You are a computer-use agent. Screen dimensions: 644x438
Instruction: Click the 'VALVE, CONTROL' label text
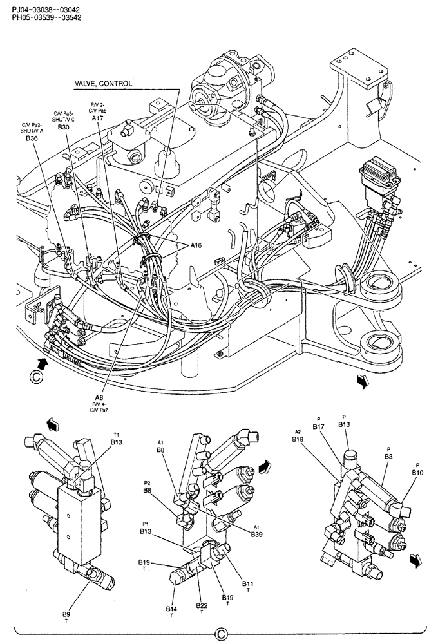(104, 84)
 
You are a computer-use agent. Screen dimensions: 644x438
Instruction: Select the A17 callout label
(97, 118)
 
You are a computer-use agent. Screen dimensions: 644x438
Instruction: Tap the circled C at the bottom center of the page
(220, 634)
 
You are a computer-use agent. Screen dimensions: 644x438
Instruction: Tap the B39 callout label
(257, 534)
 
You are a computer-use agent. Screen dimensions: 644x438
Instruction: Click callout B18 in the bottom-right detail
(298, 439)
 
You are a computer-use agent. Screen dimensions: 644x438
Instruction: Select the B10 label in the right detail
(417, 472)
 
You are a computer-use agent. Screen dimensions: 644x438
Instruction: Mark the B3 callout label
(388, 456)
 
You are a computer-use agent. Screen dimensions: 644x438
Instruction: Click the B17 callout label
(318, 426)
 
